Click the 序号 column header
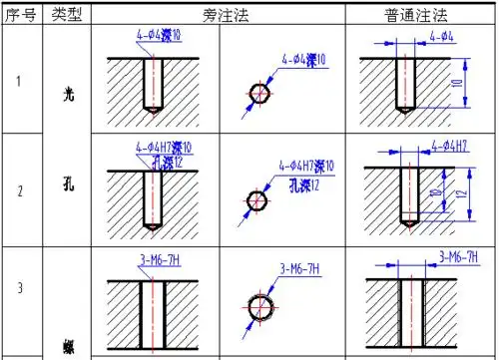click(x=21, y=17)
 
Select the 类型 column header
click(x=67, y=17)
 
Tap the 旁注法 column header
click(x=218, y=17)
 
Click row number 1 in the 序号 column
click(x=20, y=81)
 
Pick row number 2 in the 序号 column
click(x=20, y=188)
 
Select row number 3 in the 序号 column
click(x=20, y=289)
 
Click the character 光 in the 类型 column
click(x=68, y=95)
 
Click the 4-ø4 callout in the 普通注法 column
click(x=444, y=37)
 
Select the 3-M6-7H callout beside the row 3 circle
click(x=299, y=269)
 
